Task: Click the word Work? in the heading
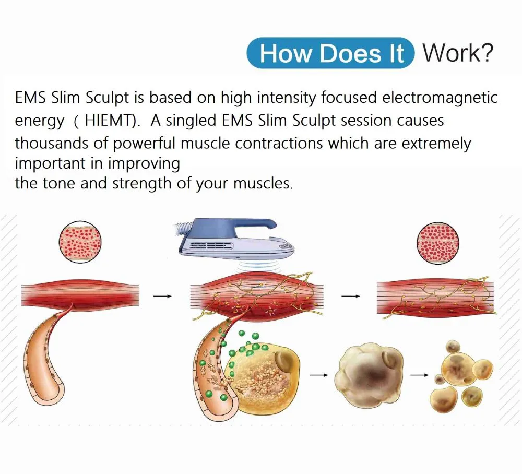(458, 53)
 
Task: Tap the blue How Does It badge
(330, 53)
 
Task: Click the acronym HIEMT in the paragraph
(109, 121)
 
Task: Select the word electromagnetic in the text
(440, 98)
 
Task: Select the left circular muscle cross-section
(80, 242)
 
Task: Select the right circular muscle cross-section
(438, 243)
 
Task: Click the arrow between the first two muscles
(162, 296)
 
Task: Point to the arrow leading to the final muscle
(351, 296)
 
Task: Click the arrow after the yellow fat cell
(319, 375)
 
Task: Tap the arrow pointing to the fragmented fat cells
(420, 375)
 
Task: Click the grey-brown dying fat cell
(369, 374)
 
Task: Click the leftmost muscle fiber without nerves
(80, 293)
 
